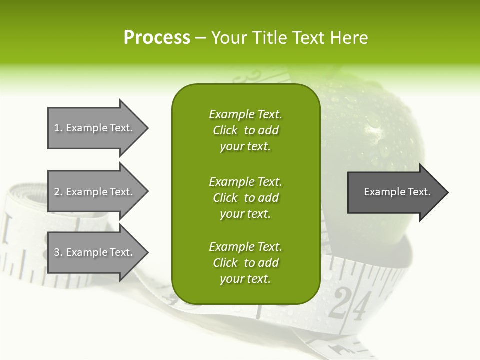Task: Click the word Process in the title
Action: click(157, 38)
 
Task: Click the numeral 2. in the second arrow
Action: click(58, 192)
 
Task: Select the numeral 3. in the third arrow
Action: click(58, 252)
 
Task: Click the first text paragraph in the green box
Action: click(245, 130)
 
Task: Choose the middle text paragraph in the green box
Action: click(245, 198)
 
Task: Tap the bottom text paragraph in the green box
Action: click(245, 263)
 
